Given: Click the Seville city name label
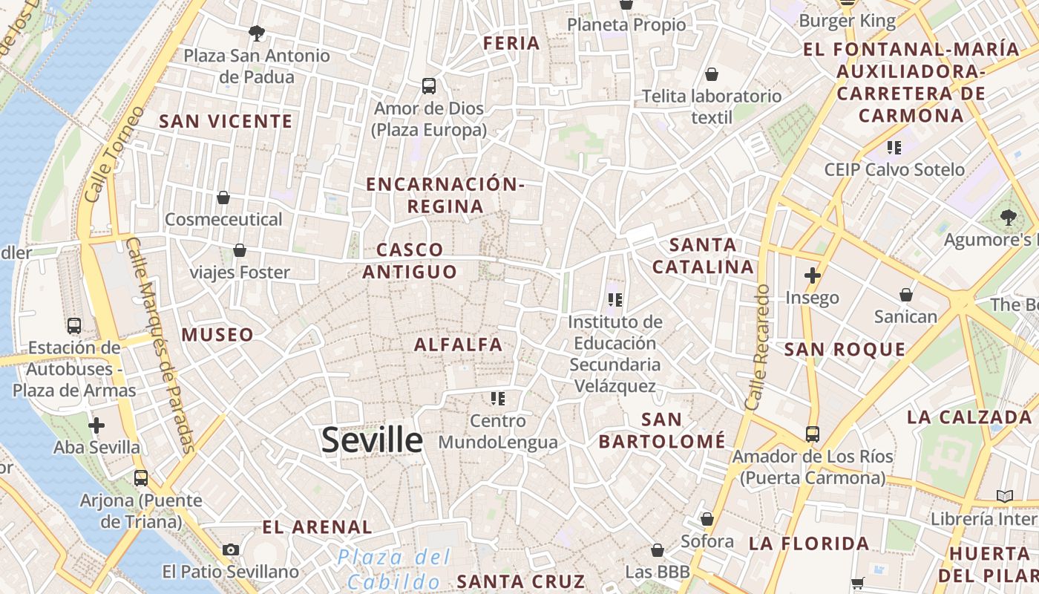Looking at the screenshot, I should pyautogui.click(x=372, y=440).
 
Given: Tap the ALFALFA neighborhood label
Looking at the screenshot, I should pyautogui.click(x=458, y=345).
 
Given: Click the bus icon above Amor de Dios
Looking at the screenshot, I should pyautogui.click(x=429, y=86).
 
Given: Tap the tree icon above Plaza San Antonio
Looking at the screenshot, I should pyautogui.click(x=257, y=33).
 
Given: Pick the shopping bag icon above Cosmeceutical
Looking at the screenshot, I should pyautogui.click(x=223, y=198).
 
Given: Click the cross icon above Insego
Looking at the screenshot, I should pyautogui.click(x=812, y=275).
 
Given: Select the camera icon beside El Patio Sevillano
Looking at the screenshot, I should pyautogui.click(x=231, y=549).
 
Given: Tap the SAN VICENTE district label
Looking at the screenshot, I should pyautogui.click(x=226, y=121).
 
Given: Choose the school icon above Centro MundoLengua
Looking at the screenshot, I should pyautogui.click(x=497, y=399).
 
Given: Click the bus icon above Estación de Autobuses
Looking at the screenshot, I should pyautogui.click(x=74, y=325).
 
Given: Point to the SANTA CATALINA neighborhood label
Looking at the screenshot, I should pyautogui.click(x=703, y=255).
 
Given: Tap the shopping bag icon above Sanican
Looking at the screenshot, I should pyautogui.click(x=905, y=295).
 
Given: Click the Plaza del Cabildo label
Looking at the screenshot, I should pyautogui.click(x=393, y=569).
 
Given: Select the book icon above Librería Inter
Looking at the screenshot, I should pyautogui.click(x=1004, y=496).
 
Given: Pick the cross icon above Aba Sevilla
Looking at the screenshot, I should pyautogui.click(x=96, y=425).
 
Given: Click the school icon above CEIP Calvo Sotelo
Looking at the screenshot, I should pyautogui.click(x=894, y=148).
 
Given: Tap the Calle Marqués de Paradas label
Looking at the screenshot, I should pyautogui.click(x=160, y=345).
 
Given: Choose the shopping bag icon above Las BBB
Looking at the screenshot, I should pyautogui.click(x=657, y=550).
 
